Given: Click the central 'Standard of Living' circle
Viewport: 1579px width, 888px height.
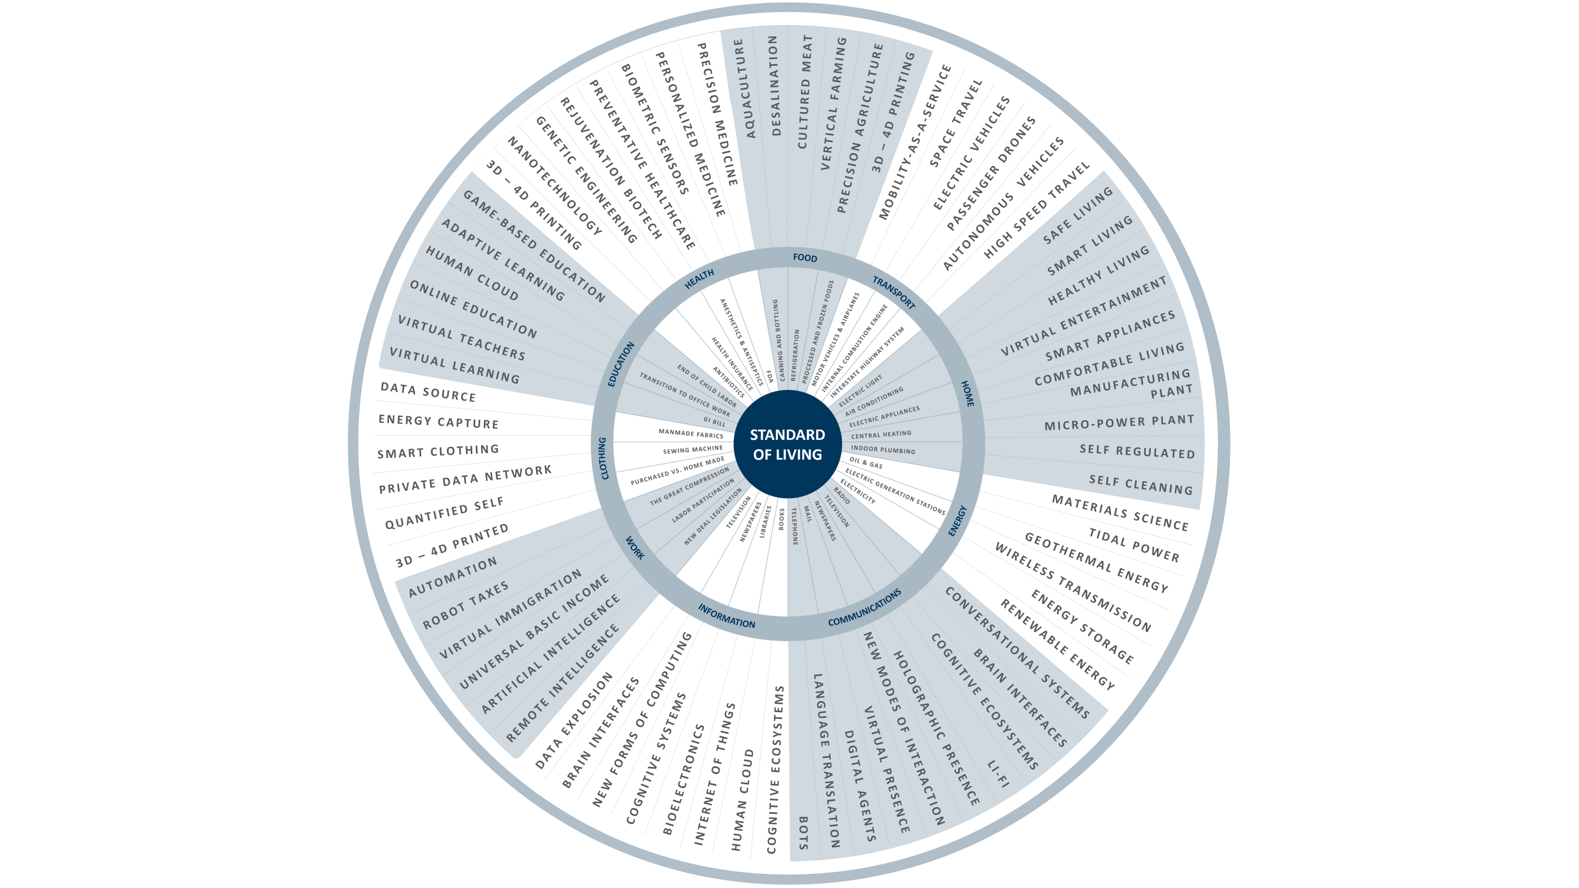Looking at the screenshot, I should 788,444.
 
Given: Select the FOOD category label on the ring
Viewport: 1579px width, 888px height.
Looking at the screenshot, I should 805,258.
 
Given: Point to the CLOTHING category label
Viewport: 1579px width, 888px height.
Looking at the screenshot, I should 603,458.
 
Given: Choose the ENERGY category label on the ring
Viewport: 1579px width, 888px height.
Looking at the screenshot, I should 957,521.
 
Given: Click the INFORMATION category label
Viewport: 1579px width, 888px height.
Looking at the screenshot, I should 727,616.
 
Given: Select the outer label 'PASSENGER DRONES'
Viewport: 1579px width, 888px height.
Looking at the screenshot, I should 990,173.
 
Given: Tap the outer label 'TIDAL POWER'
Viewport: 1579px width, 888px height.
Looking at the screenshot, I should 1134,545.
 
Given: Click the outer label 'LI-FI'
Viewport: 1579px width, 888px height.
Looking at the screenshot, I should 998,773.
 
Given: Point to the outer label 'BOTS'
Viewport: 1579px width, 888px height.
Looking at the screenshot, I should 803,832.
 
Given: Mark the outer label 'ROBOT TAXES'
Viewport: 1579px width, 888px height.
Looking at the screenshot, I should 465,605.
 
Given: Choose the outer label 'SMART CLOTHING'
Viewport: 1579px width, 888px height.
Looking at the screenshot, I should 438,452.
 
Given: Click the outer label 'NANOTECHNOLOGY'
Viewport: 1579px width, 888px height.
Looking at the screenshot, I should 555,185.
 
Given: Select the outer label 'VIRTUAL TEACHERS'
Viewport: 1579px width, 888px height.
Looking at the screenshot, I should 462,338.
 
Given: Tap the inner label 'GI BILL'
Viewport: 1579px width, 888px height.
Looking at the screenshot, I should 714,421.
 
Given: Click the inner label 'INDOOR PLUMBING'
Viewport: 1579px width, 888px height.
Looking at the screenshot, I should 882,450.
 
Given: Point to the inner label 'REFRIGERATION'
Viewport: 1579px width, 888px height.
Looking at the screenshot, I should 795,355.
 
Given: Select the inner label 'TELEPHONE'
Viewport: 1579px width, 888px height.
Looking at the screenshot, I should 795,526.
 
